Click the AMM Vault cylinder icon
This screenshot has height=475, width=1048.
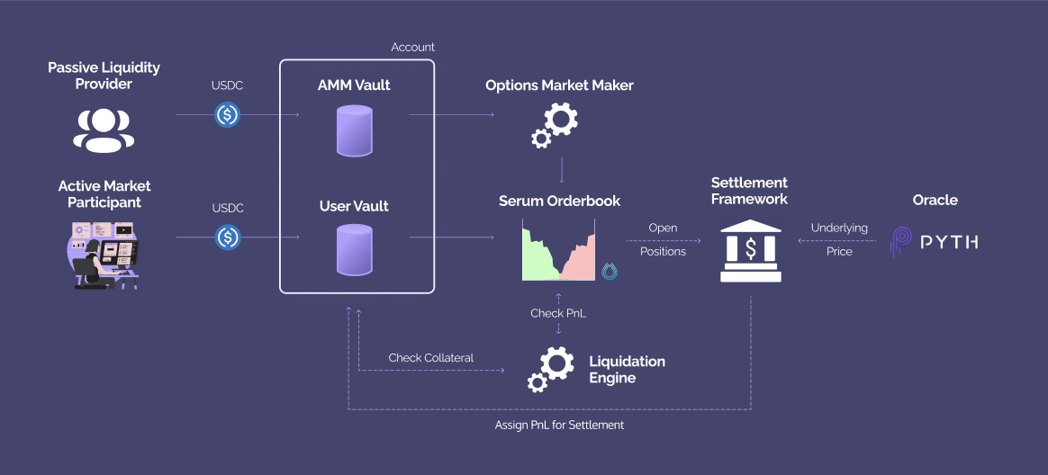tap(354, 130)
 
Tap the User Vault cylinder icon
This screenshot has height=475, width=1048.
tap(354, 249)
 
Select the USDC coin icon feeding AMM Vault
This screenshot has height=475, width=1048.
tap(228, 115)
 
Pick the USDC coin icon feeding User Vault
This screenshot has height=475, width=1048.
tap(228, 237)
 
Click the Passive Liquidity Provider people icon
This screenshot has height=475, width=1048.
tap(104, 129)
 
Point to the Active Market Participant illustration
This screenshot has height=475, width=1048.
tap(104, 254)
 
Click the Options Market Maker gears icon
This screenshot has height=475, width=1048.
tap(555, 125)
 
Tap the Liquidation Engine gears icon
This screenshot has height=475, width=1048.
tap(550, 369)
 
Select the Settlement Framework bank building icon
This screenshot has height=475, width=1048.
tap(750, 252)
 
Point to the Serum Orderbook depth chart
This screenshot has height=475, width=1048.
tap(558, 254)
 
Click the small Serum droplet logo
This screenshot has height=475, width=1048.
tap(610, 271)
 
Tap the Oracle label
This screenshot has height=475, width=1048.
tap(935, 200)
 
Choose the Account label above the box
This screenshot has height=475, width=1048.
tap(412, 47)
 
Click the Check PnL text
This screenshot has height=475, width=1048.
tap(558, 313)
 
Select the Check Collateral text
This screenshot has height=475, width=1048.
tap(431, 358)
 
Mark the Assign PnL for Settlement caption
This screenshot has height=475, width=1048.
tap(559, 425)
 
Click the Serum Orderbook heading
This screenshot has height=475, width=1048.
tap(559, 201)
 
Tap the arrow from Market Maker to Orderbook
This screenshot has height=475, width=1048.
tap(562, 171)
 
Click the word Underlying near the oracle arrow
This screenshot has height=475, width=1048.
tap(839, 229)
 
